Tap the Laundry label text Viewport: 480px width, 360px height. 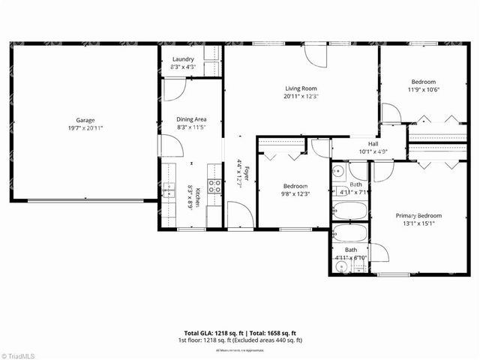click(x=184, y=60)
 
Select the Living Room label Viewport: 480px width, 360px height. click(x=301, y=88)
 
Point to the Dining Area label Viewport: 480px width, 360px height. click(x=191, y=119)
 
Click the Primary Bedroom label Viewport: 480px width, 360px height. click(x=418, y=216)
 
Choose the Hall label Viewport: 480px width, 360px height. click(x=373, y=144)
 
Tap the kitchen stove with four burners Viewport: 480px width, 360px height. click(x=214, y=187)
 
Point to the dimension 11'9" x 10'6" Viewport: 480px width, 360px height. click(x=423, y=90)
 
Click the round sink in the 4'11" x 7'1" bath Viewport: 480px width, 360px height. click(x=338, y=171)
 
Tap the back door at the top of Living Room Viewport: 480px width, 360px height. click(x=316, y=55)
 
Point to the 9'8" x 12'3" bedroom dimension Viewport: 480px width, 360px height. click(x=295, y=193)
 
